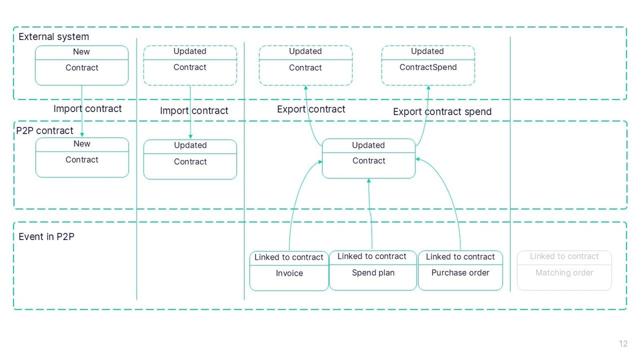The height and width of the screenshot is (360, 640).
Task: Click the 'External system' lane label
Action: coord(53,37)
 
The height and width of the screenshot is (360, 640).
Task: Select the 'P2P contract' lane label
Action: coord(45,131)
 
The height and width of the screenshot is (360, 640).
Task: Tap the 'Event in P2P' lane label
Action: coord(46,236)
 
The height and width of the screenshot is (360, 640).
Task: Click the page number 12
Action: coord(623,344)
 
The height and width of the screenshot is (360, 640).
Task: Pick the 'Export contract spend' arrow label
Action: coord(442,111)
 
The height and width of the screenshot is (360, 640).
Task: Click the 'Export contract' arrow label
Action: coord(311,109)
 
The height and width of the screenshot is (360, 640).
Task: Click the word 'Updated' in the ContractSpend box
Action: coord(427,51)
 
